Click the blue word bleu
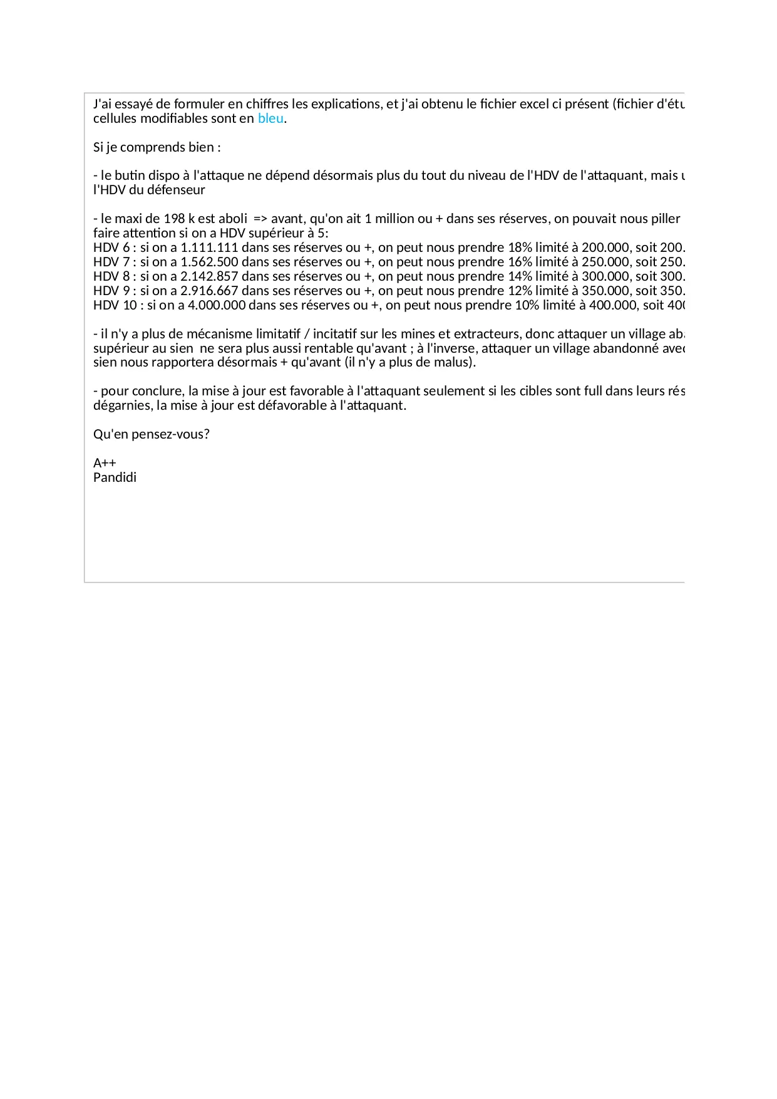270,118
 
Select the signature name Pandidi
115,477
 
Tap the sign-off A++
105,463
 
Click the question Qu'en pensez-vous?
152,434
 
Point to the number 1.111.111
209,247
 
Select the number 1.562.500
209,262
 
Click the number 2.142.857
209,276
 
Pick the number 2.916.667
209,291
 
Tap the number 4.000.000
217,305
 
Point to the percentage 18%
520,247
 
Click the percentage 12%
520,291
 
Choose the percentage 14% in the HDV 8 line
520,276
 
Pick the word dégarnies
122,405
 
